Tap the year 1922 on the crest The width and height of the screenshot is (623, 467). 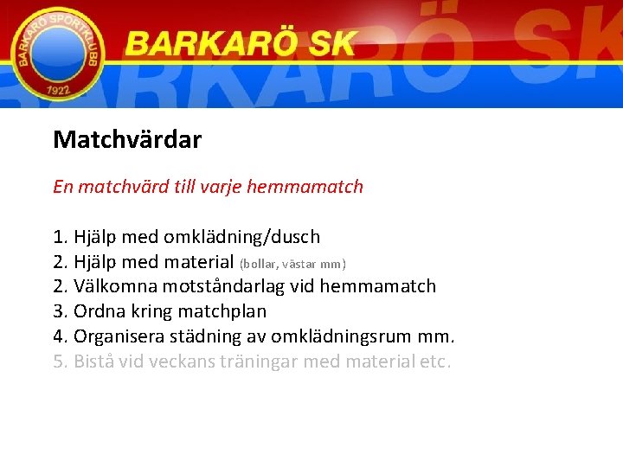click(56, 90)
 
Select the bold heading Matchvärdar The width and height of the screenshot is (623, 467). click(127, 139)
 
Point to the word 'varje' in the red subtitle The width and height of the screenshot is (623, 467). click(221, 187)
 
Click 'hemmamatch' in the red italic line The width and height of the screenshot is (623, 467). click(305, 187)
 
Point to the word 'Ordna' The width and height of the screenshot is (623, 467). click(98, 311)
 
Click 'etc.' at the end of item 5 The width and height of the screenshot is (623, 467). click(434, 361)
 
